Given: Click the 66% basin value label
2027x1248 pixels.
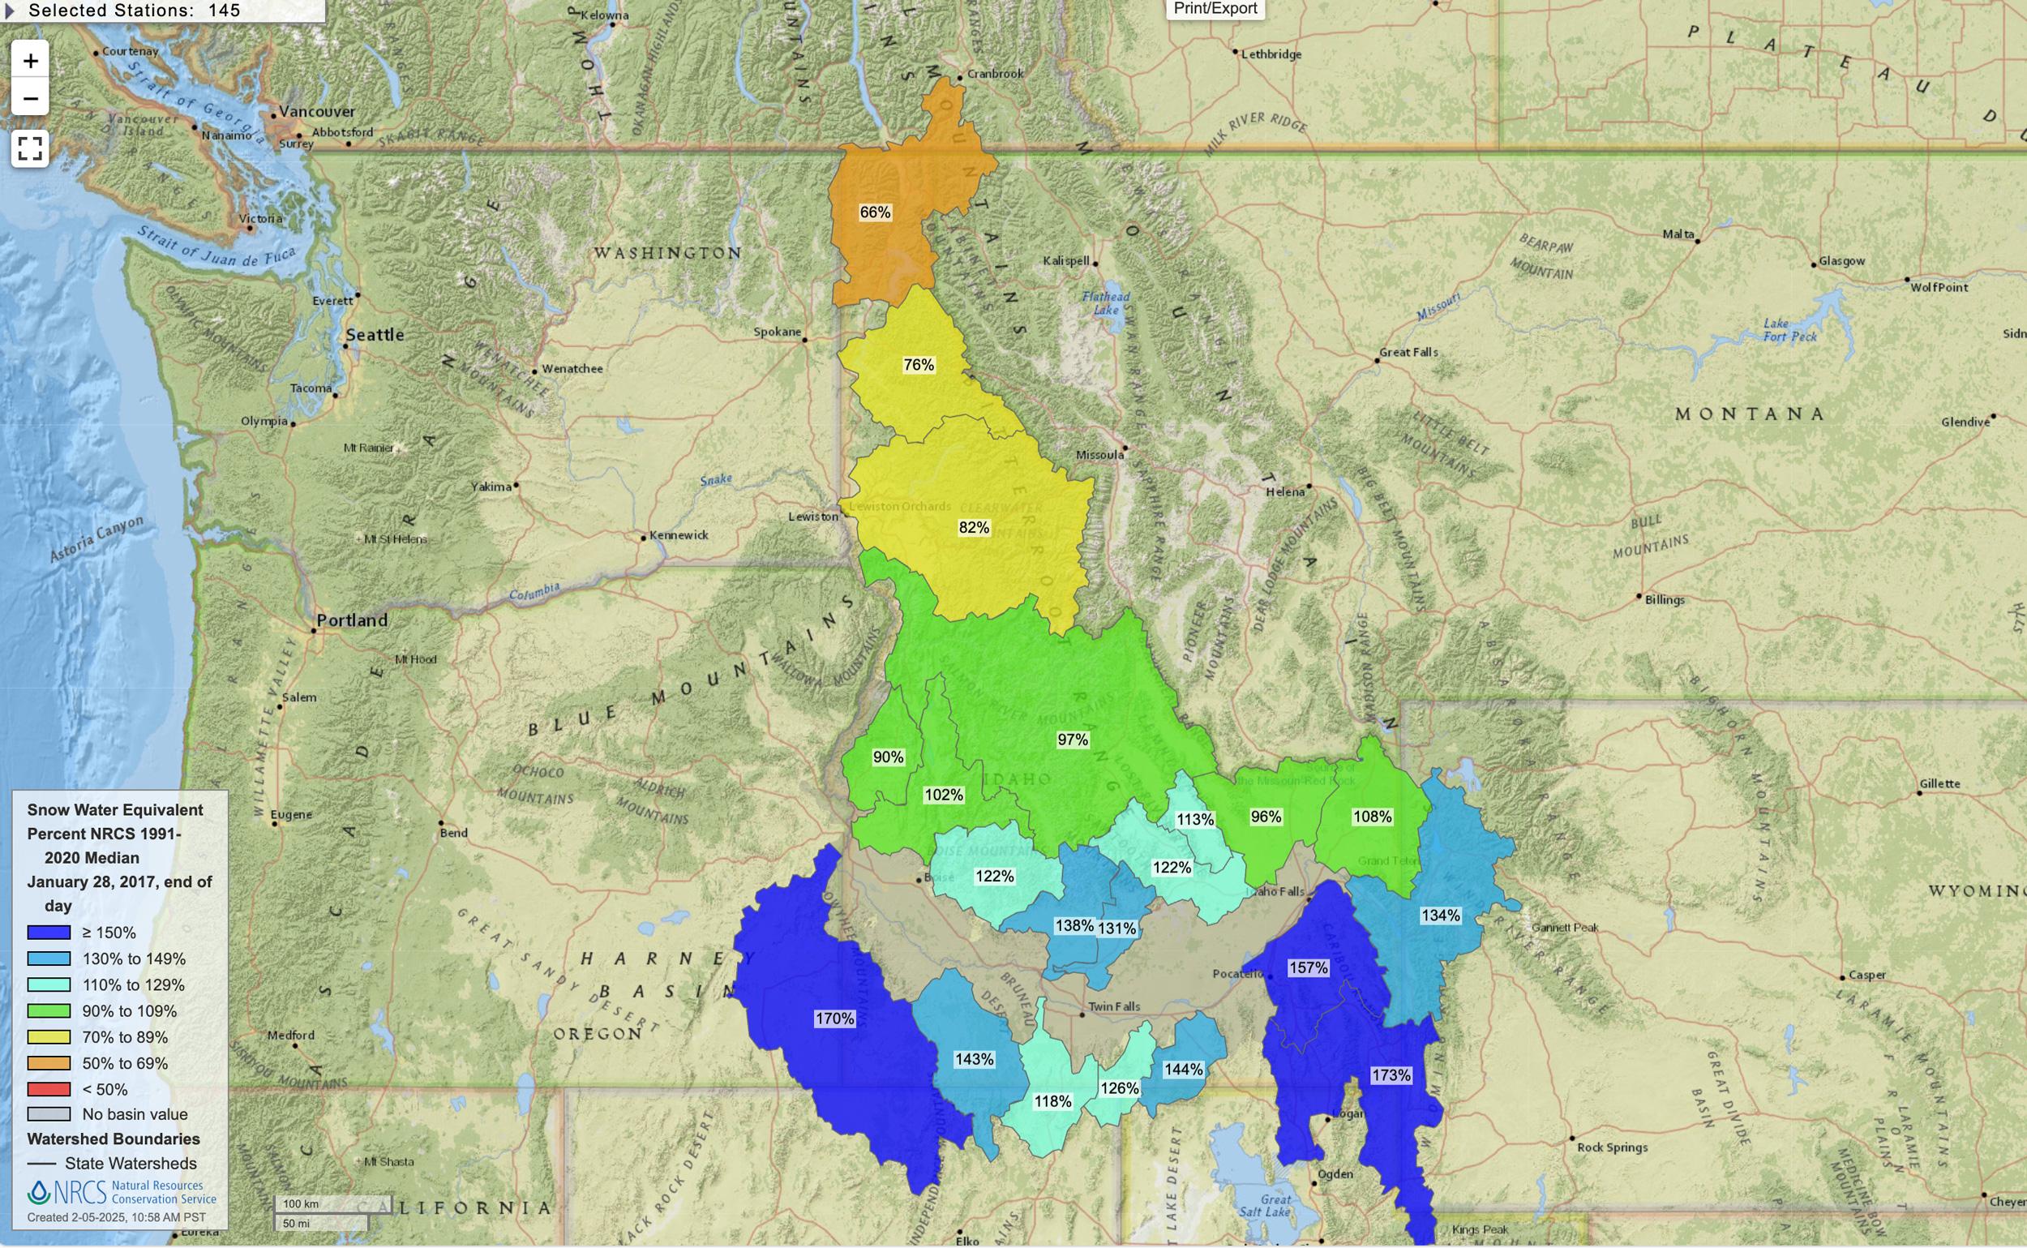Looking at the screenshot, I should (x=875, y=212).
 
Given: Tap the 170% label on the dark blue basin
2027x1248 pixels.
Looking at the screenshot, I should (x=834, y=1019).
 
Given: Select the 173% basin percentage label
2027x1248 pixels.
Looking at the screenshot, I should (x=1391, y=1074).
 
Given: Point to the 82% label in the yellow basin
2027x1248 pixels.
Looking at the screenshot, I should (x=974, y=527).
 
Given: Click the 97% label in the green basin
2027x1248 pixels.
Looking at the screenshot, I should (x=1072, y=740).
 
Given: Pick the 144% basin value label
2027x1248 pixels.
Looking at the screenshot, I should (x=1183, y=1069).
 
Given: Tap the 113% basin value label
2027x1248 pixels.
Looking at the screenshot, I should (x=1194, y=819).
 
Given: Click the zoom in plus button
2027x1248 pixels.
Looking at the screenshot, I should (x=31, y=61).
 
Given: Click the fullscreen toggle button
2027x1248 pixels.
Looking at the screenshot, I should (x=31, y=148).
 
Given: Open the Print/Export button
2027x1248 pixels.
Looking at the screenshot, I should (x=1215, y=9).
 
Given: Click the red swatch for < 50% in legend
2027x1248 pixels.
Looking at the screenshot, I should (x=49, y=1089).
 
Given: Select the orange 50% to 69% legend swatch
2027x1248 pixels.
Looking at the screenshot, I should (x=49, y=1063).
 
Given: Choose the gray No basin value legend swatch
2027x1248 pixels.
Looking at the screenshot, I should (x=49, y=1114).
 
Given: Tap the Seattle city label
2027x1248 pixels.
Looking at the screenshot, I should (x=375, y=334).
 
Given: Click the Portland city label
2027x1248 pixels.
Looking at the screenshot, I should (x=353, y=620).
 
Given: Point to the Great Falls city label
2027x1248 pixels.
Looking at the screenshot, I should (x=1408, y=352).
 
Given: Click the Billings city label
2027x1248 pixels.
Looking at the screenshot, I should (x=1664, y=599).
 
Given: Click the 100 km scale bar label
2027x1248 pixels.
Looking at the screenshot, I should (x=302, y=1204).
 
